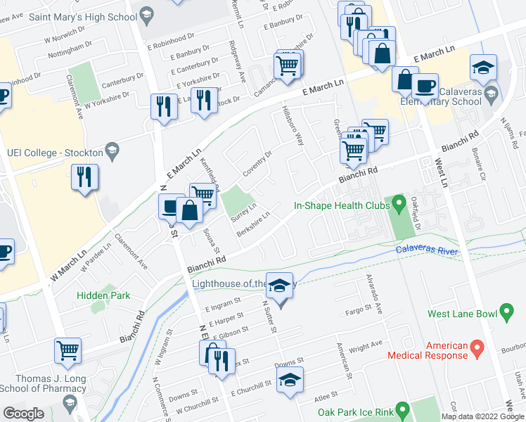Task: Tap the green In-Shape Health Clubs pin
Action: tap(399, 206)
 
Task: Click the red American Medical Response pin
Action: tap(477, 347)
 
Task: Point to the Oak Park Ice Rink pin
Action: tap(402, 409)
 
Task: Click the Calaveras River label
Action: tap(426, 250)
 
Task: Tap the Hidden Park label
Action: tap(103, 295)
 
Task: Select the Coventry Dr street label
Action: tap(259, 164)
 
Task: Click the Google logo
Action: tap(23, 414)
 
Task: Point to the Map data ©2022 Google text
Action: tap(482, 416)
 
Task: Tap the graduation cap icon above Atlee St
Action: tap(290, 379)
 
